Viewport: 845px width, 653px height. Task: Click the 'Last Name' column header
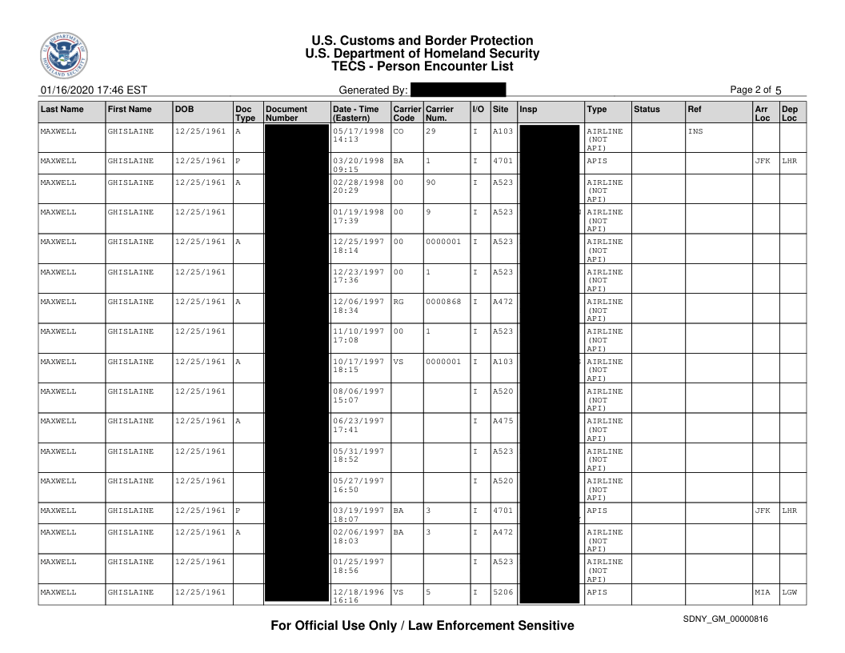(x=62, y=109)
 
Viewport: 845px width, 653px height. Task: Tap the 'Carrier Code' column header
(x=406, y=113)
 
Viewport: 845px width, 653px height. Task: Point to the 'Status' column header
(x=646, y=109)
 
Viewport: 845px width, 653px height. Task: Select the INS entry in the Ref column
(x=695, y=131)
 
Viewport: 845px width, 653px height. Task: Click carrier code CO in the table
(x=398, y=131)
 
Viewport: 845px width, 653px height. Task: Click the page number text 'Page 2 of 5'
(x=756, y=90)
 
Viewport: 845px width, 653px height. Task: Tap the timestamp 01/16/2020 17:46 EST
(x=91, y=90)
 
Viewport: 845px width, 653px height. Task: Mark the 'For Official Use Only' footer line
(x=422, y=626)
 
